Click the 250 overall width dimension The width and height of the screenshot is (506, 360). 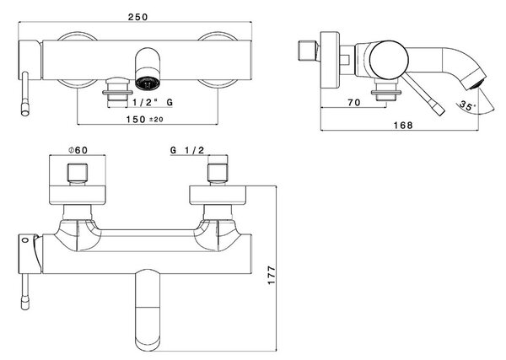tap(137, 17)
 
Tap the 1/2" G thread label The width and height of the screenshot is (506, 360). tap(153, 103)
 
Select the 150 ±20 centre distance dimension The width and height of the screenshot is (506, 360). tap(144, 120)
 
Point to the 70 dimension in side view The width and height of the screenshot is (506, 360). tap(354, 103)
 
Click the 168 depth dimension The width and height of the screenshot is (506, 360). tap(403, 125)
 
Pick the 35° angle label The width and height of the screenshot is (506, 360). tap(468, 105)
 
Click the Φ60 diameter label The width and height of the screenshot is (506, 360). tap(78, 150)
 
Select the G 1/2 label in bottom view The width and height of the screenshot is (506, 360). tap(187, 150)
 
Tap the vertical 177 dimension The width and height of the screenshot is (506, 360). tap(272, 275)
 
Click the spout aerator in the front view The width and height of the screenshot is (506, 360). tap(148, 83)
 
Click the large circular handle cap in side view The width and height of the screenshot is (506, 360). tap(389, 60)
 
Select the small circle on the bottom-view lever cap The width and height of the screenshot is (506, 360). tap(24, 239)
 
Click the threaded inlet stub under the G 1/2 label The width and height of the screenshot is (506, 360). tap(218, 173)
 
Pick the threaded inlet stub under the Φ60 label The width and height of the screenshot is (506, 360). tap(78, 173)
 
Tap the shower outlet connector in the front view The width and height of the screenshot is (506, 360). tap(117, 92)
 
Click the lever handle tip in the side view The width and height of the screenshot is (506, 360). tap(440, 110)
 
